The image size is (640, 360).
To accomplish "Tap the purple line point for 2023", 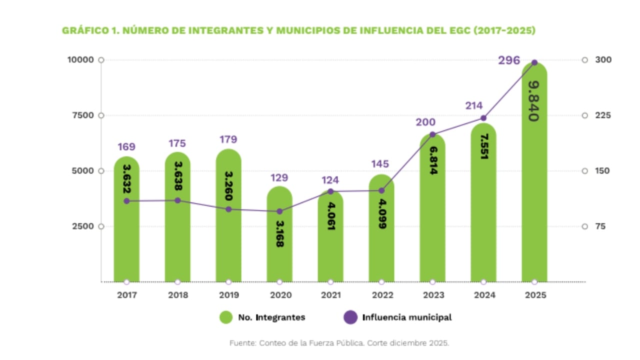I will (432, 134).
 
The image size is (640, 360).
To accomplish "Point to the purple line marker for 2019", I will (228, 209).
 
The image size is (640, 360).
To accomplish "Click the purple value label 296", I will (508, 60).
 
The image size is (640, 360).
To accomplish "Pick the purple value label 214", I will (473, 105).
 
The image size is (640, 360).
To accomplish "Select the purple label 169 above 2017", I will (126, 147).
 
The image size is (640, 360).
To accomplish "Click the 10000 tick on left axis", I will (80, 60).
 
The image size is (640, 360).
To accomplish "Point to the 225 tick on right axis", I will (603, 115).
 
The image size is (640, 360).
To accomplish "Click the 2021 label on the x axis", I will (330, 295).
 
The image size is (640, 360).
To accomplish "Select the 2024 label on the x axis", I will (483, 295).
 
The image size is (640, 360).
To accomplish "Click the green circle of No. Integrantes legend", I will (226, 317).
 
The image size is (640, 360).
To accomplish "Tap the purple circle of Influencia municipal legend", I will (351, 317).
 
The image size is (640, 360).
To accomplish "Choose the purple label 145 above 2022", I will (381, 164).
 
